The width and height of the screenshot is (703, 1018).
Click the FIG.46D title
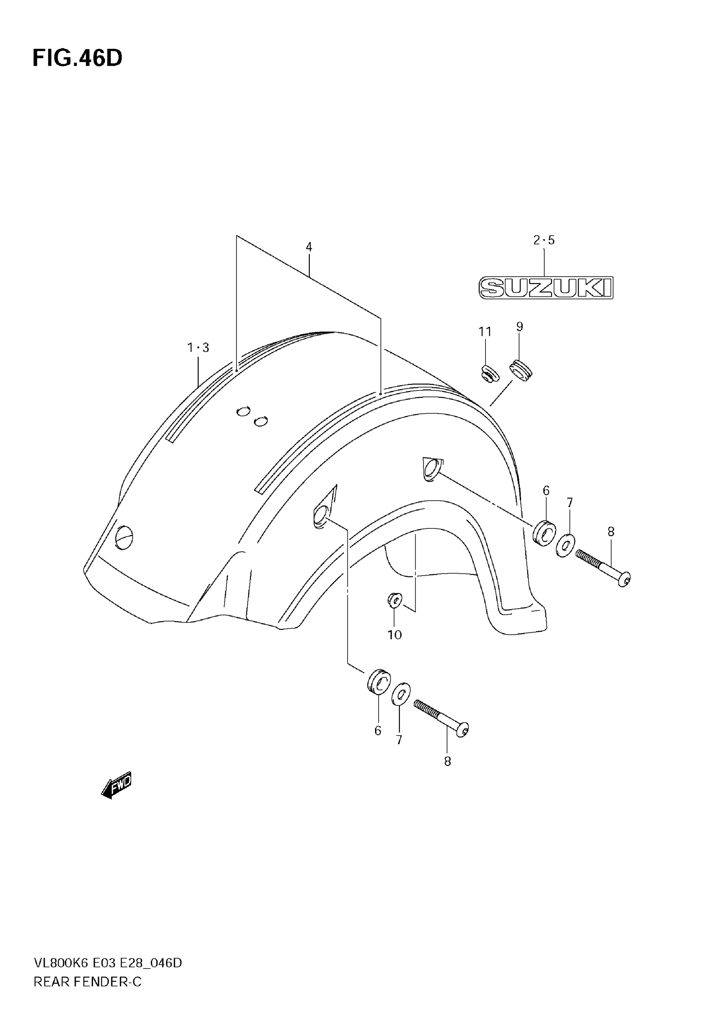pyautogui.click(x=77, y=58)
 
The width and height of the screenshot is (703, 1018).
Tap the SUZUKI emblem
pyautogui.click(x=546, y=288)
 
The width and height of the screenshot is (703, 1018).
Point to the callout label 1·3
pyautogui.click(x=198, y=348)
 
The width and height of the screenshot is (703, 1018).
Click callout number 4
pyautogui.click(x=309, y=247)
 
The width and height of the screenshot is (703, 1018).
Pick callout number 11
pyautogui.click(x=485, y=332)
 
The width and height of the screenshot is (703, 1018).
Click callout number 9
pyautogui.click(x=519, y=327)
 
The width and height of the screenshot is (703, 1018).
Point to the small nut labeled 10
pyautogui.click(x=395, y=599)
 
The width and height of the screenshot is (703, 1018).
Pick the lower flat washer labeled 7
pyautogui.click(x=401, y=694)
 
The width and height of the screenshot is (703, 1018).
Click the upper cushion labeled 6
pyautogui.click(x=544, y=534)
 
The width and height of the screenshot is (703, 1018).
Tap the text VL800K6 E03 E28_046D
pyautogui.click(x=108, y=963)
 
